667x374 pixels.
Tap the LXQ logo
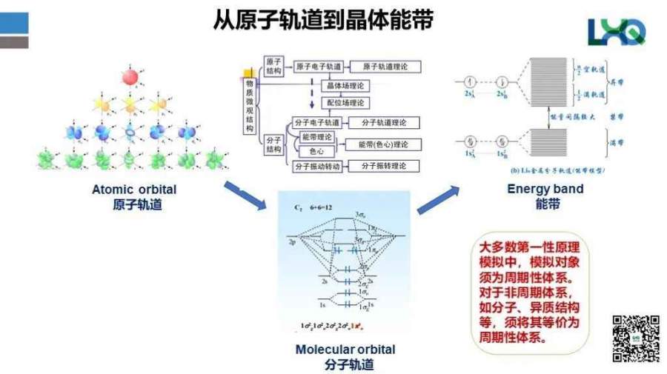tap(616, 31)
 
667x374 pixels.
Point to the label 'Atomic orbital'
tap(134, 190)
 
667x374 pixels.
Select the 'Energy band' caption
tap(545, 189)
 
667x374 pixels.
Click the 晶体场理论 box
tap(345, 86)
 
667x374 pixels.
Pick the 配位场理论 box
tap(345, 104)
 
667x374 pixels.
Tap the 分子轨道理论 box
tap(384, 123)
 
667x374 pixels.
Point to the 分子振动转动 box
tap(317, 166)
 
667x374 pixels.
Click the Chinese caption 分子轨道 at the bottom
tap(345, 364)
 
